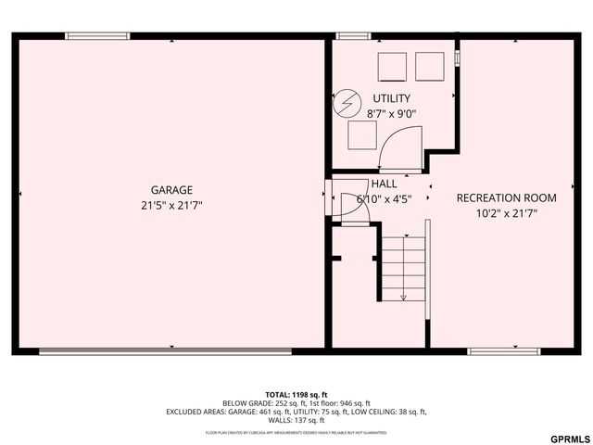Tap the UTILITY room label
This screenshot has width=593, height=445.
coord(391,98)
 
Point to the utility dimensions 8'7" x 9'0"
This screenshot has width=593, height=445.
coord(391,113)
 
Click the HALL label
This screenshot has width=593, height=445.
coord(384,184)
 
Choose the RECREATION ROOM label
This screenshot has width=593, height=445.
coord(506,197)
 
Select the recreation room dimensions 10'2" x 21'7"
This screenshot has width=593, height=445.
coord(506,212)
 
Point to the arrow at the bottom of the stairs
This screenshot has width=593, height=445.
coord(403,297)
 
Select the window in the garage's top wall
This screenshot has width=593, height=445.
coord(97,36)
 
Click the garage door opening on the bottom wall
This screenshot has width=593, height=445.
coord(165,351)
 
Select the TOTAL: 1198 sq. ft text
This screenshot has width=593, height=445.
coord(296,394)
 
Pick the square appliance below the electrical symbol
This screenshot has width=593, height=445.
coord(362,135)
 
